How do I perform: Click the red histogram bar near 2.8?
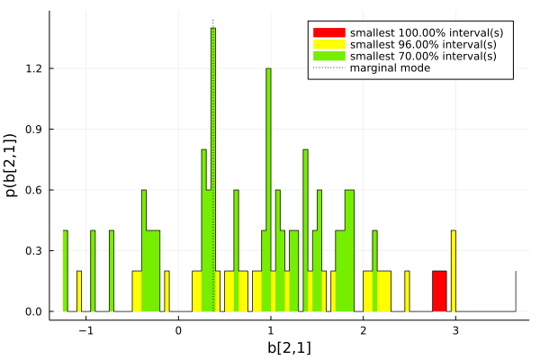[x=439, y=291]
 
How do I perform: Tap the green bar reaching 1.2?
[x=268, y=189]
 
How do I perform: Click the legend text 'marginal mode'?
[x=390, y=68]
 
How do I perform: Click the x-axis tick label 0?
[x=178, y=330]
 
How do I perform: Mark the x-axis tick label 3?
[x=455, y=330]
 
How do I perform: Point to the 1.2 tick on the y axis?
[x=34, y=68]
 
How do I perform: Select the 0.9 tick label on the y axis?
[x=34, y=130]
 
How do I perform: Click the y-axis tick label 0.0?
[x=34, y=311]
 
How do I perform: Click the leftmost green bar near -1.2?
[x=65, y=270]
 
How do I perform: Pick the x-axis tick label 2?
[x=363, y=330]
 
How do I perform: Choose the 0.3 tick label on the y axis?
[x=34, y=251]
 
